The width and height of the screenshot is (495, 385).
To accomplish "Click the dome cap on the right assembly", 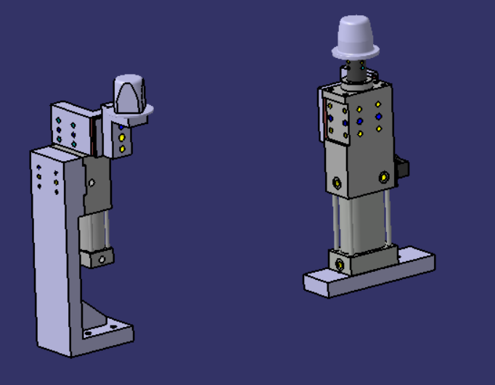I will (x=356, y=36).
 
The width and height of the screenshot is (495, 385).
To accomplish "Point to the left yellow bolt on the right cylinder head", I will (x=336, y=181).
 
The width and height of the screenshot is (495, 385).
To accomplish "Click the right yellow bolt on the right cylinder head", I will (x=382, y=175).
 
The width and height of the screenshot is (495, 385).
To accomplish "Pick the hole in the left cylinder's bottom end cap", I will (x=103, y=258).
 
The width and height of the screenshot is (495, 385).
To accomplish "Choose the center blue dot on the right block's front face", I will (x=359, y=120).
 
